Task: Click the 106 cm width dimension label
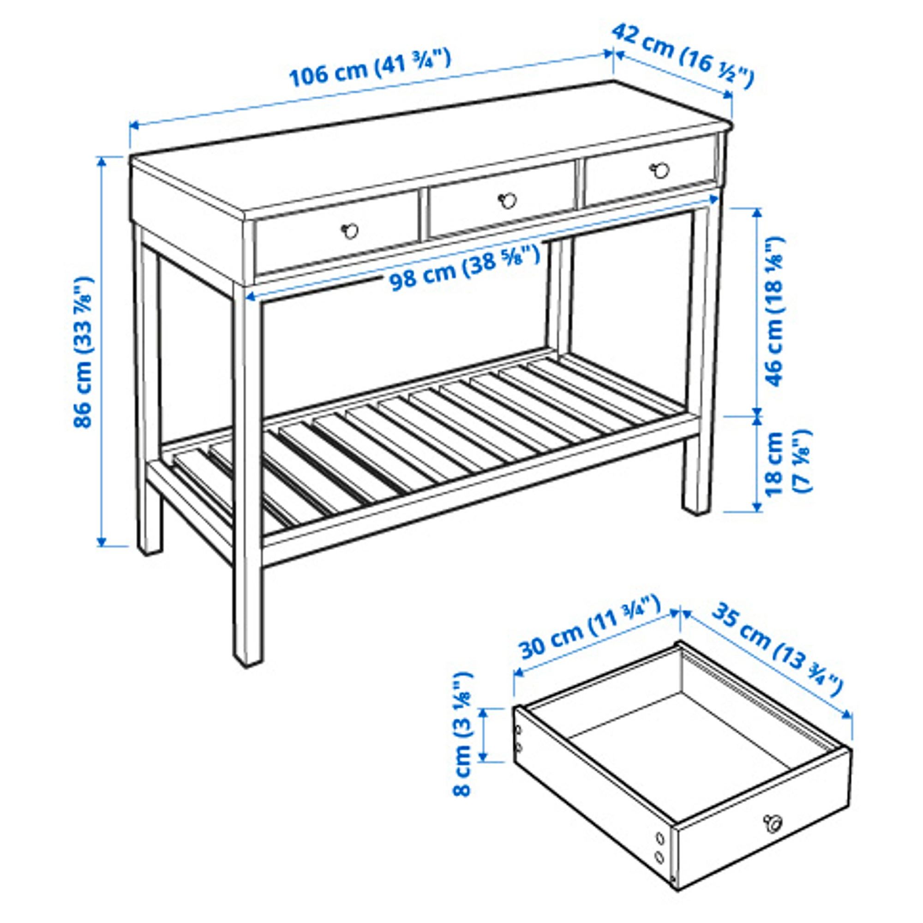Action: (370, 69)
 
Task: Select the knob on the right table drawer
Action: (660, 169)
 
